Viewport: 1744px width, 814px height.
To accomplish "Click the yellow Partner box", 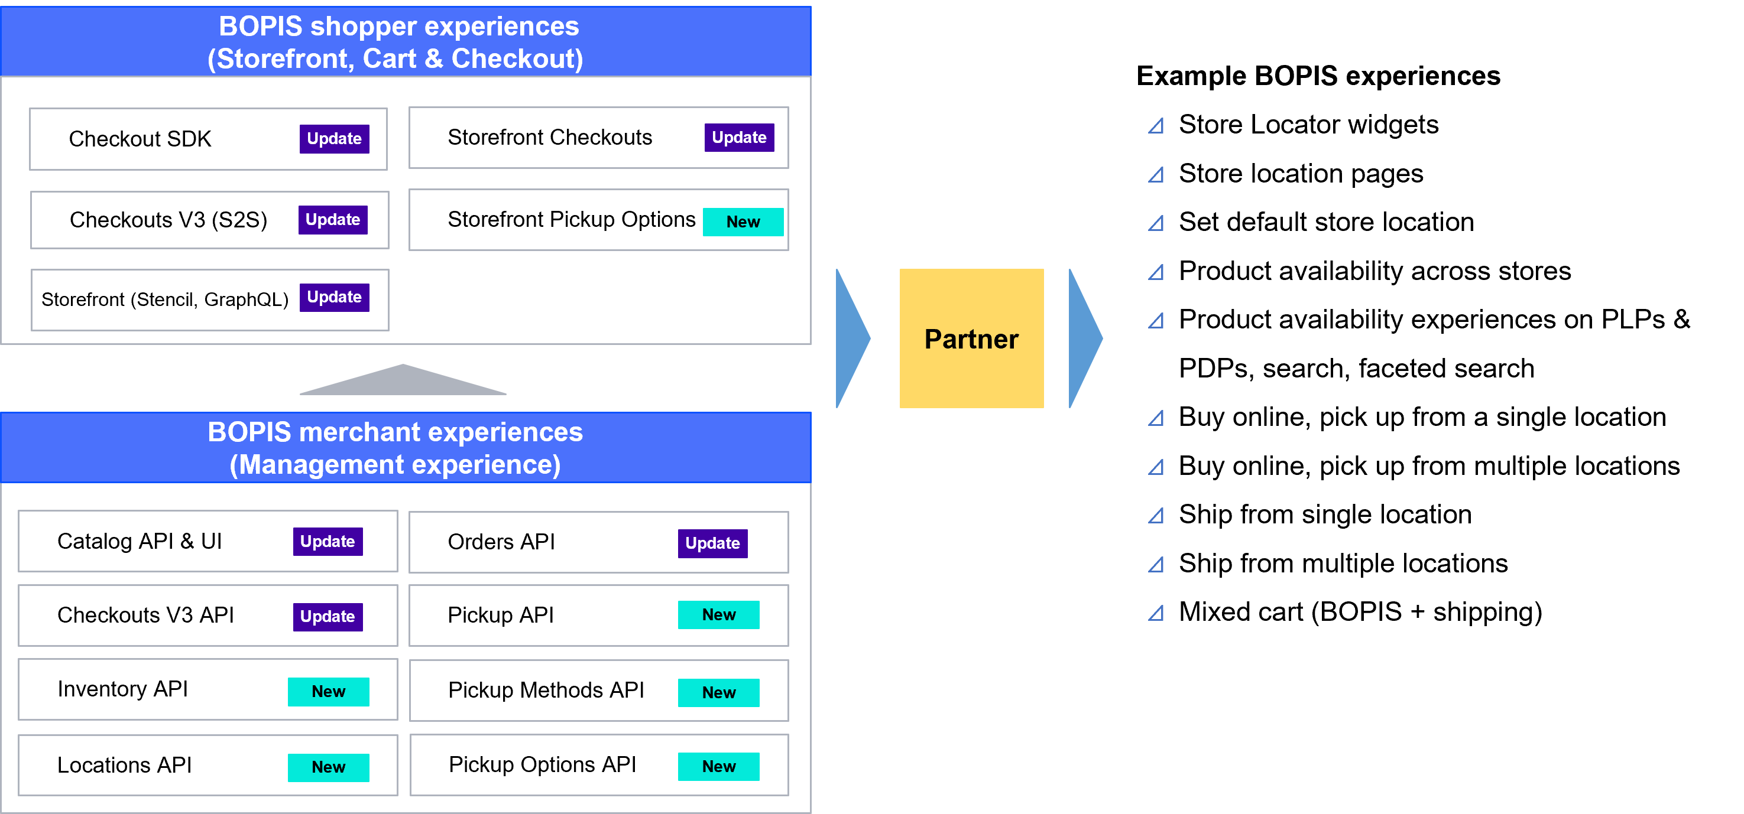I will tap(971, 338).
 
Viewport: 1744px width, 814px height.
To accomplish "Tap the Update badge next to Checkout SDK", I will tap(334, 139).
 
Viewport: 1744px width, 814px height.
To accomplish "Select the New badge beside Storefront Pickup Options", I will tap(743, 222).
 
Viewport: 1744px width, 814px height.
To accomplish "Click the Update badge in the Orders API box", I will tap(712, 543).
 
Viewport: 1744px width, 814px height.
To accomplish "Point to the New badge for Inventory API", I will tap(328, 692).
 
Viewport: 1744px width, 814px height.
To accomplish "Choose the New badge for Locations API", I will tap(328, 767).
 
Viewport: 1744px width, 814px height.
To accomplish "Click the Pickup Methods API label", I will tap(546, 690).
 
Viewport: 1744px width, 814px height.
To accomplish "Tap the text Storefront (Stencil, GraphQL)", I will tap(164, 299).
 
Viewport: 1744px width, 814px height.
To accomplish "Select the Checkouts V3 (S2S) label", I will tap(168, 220).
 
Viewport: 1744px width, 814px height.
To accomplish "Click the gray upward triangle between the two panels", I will tap(403, 382).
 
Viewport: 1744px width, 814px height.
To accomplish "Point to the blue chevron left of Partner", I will tap(851, 338).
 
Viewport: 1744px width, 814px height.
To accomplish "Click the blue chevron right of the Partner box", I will tap(1084, 338).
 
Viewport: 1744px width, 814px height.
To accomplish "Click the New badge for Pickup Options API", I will tap(718, 767).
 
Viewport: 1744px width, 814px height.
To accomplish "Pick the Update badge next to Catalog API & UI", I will tap(327, 541).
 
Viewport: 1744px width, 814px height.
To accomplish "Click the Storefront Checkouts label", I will tap(550, 138).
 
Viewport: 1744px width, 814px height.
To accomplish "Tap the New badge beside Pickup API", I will tap(718, 615).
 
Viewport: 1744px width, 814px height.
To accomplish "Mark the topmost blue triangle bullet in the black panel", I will tap(1156, 126).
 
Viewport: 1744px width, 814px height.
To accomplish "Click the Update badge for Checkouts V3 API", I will tap(327, 617).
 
